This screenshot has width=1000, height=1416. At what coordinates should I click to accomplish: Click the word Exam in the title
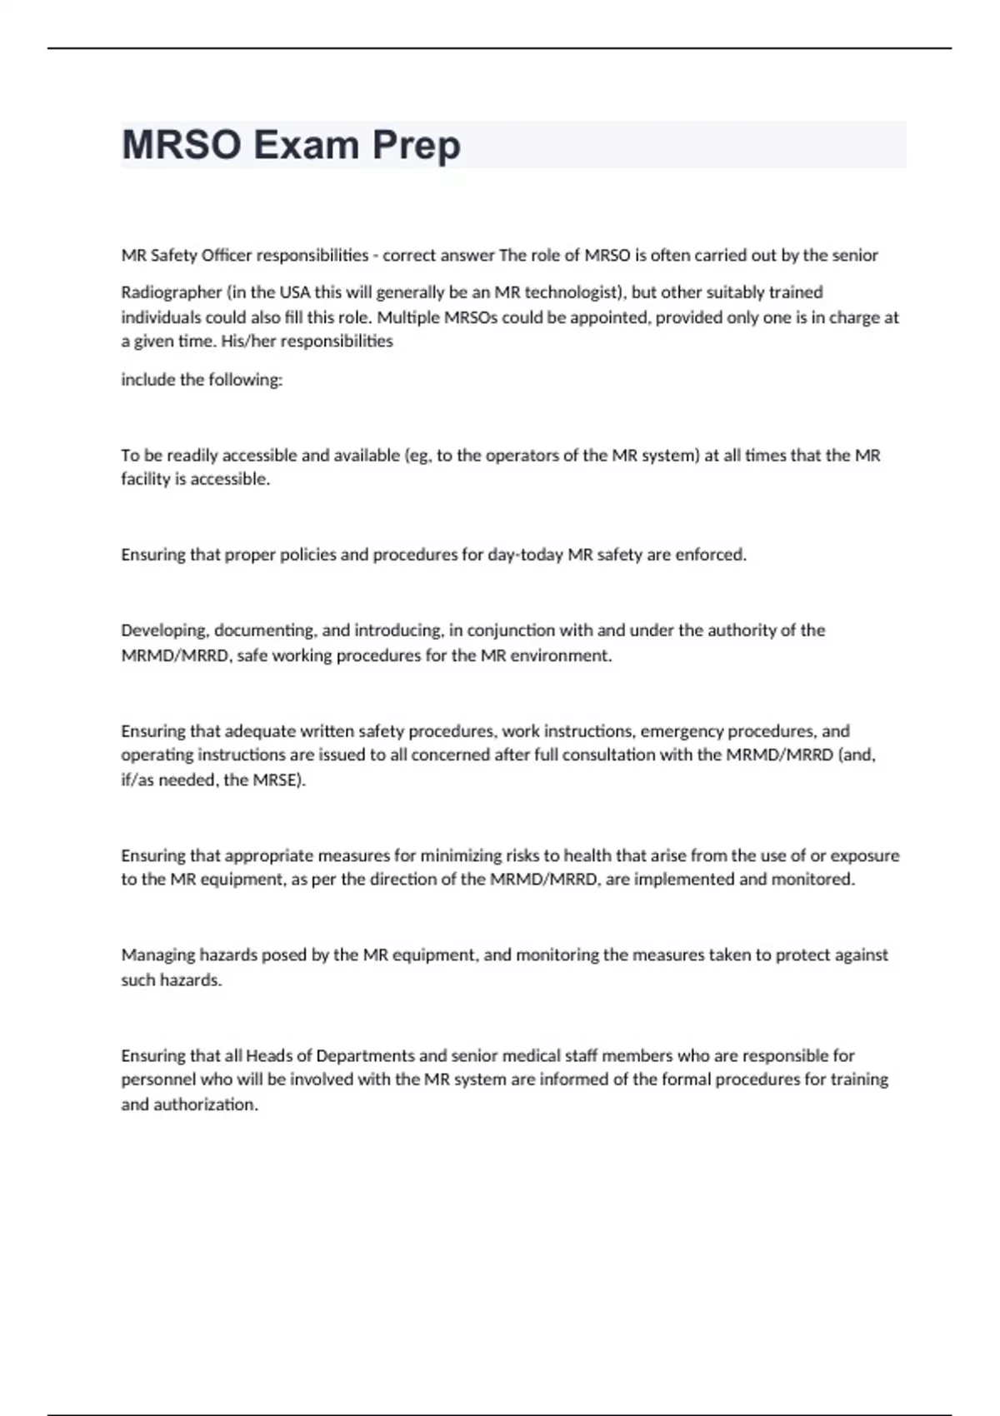pyautogui.click(x=306, y=146)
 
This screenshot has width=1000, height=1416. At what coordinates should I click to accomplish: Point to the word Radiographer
pyautogui.click(x=172, y=293)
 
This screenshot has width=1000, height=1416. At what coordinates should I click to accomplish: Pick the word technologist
pyautogui.click(x=574, y=293)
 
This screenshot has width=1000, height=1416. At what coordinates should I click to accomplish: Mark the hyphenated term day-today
pyautogui.click(x=525, y=555)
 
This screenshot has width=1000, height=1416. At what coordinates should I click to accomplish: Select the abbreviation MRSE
pyautogui.click(x=278, y=780)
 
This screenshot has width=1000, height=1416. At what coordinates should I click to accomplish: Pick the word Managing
pyautogui.click(x=157, y=955)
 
